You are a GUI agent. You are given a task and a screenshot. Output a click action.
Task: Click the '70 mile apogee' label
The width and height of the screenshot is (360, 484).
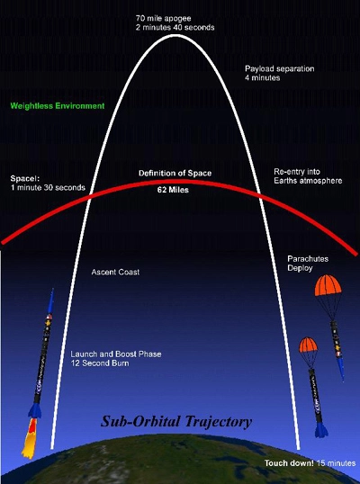pos(163,18)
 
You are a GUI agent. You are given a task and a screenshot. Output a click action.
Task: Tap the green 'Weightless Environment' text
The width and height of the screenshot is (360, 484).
pos(58,106)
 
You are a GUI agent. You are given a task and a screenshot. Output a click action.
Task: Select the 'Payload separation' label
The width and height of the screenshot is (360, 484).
pos(279,68)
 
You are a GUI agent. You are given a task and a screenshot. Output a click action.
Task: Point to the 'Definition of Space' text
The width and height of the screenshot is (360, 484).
pos(175,173)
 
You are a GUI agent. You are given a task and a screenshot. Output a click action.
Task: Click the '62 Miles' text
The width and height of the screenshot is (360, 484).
pos(173,190)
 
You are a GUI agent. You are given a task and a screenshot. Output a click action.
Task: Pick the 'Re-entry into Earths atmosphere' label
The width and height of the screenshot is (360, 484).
pos(308,176)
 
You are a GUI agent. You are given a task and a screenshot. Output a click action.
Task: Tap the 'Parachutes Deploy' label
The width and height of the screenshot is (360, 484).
pos(303,264)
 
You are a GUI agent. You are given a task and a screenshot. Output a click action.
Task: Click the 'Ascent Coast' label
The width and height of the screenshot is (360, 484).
pos(115,272)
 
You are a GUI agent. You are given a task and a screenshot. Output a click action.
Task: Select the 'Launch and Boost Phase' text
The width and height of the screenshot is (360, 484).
pos(116,354)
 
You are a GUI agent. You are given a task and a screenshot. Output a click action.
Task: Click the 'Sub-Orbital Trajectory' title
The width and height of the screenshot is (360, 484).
pos(176,421)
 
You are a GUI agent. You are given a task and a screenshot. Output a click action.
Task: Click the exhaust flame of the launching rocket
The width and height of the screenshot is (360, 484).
pos(30,438)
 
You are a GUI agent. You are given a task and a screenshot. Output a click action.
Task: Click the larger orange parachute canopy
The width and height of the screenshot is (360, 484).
pos(328,285)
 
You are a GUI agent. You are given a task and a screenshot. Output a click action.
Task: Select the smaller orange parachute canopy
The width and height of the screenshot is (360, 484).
pos(308,345)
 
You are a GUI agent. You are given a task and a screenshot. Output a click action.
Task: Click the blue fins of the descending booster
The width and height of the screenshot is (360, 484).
pos(321,429)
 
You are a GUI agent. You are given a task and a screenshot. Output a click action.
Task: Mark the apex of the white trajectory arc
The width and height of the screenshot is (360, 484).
pos(175,35)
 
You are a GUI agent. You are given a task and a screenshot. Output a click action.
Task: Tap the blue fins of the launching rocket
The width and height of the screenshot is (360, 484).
pos(34,410)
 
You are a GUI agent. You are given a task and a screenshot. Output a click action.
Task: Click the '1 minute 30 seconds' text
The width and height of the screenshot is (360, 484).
pos(48,187)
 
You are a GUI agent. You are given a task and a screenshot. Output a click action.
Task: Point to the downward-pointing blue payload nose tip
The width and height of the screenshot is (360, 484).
pos(342,380)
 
